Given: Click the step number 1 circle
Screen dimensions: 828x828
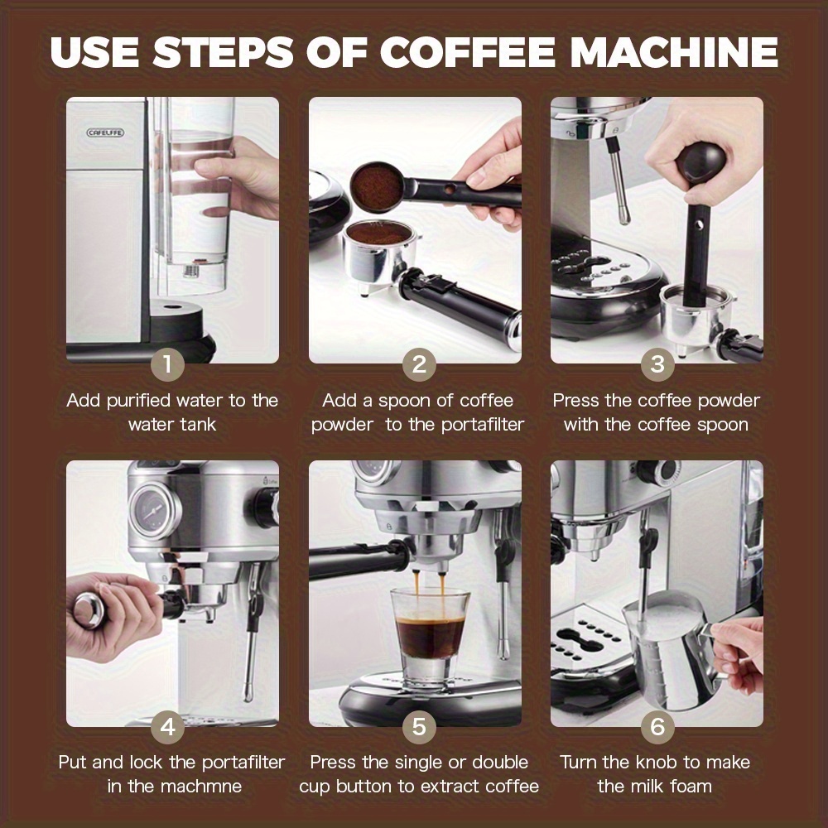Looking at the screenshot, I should pos(168,364).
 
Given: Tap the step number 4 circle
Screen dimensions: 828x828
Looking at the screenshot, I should pos(168,727).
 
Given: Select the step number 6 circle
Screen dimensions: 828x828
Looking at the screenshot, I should pos(657,727).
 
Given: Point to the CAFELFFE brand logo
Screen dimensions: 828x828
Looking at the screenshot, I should pos(106,132).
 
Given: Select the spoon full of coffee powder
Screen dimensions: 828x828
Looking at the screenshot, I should pos(378,179).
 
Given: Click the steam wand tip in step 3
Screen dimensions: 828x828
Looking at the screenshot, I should pos(623,217).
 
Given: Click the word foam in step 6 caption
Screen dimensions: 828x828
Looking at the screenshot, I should pos(689,786).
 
